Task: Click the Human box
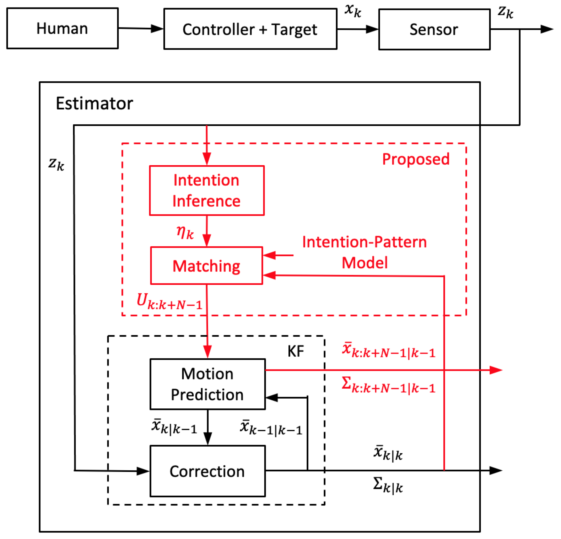coord(62,28)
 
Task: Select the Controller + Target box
coord(250,29)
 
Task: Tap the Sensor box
coord(434,29)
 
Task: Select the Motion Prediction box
coord(207,384)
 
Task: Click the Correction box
coord(207,471)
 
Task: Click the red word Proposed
coord(416,159)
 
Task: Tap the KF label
coord(295,351)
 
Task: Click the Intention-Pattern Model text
coord(364,252)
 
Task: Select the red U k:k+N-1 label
coord(169,302)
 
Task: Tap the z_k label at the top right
coord(506,12)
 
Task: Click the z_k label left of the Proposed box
coord(56,164)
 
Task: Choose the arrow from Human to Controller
coord(140,28)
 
